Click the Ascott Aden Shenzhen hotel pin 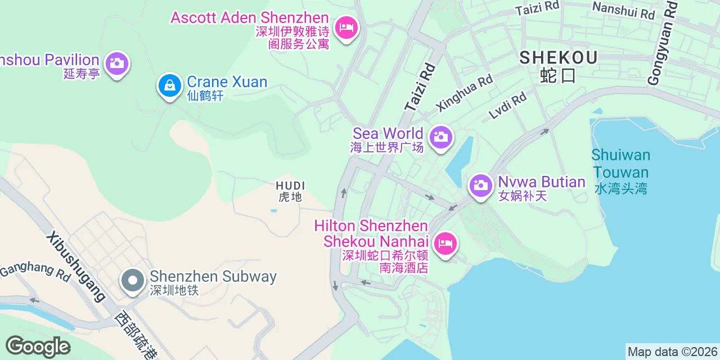pos(346,27)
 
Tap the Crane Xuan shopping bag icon pos(169,85)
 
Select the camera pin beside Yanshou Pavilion pos(116,63)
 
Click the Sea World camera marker pos(441,137)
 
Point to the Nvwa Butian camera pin pos(480,185)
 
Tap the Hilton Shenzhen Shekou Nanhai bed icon pos(445,244)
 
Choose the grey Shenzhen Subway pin pos(133,280)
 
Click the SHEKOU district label pos(558,57)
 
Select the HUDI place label pos(290,186)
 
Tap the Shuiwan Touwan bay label pos(620,164)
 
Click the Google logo pos(38,346)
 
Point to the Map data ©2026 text pos(672,352)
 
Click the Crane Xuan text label pos(227,82)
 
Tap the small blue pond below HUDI pos(273,211)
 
